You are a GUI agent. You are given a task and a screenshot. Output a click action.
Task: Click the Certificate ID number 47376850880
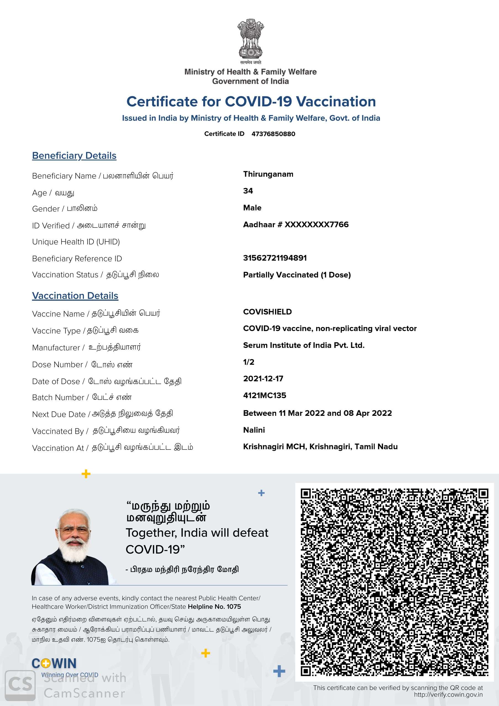coord(273,134)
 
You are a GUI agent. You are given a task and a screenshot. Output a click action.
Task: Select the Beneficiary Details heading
coord(74,156)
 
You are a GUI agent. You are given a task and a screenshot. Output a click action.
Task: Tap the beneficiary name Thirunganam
coord(268,174)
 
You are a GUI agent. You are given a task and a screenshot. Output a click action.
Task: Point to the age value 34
coord(248,191)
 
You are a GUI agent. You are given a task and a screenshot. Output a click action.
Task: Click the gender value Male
coord(252,208)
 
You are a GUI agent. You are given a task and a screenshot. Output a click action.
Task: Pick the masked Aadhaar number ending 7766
coord(296,224)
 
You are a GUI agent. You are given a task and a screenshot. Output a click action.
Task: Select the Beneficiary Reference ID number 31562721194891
coord(275,258)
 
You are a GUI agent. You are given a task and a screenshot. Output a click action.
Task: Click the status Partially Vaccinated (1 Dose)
coord(297,275)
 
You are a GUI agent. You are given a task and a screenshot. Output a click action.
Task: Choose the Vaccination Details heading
coord(75,296)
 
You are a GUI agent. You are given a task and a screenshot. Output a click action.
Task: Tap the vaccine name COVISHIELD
coord(267,312)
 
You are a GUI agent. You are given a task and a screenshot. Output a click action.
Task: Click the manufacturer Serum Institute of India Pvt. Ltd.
coord(304,345)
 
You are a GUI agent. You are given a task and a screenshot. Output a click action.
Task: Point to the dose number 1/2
coord(249,362)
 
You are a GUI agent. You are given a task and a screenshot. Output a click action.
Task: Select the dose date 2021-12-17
coord(263,379)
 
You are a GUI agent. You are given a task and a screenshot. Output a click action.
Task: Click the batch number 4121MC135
coord(264,395)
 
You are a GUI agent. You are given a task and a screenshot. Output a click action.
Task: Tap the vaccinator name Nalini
coord(254,430)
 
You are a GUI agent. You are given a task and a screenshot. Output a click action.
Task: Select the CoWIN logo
coord(54,663)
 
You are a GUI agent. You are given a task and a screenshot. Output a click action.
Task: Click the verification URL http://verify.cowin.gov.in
coord(448,694)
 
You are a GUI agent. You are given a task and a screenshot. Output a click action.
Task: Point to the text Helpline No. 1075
coord(214,607)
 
